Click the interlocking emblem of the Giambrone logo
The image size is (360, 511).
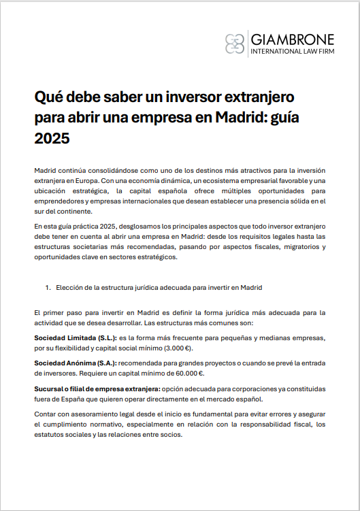[x=235, y=43]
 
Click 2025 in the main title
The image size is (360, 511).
[x=52, y=138]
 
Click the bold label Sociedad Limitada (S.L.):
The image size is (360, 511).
[x=74, y=337]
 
